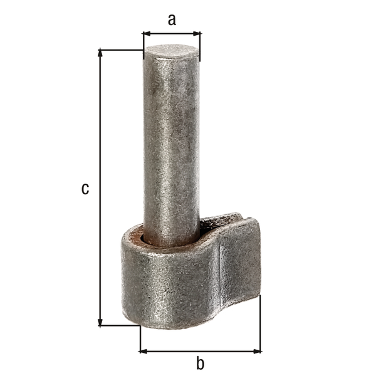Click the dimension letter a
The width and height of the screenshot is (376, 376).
click(x=172, y=19)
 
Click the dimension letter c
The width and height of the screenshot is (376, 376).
click(x=85, y=188)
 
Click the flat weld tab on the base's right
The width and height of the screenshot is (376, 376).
click(x=241, y=263)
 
